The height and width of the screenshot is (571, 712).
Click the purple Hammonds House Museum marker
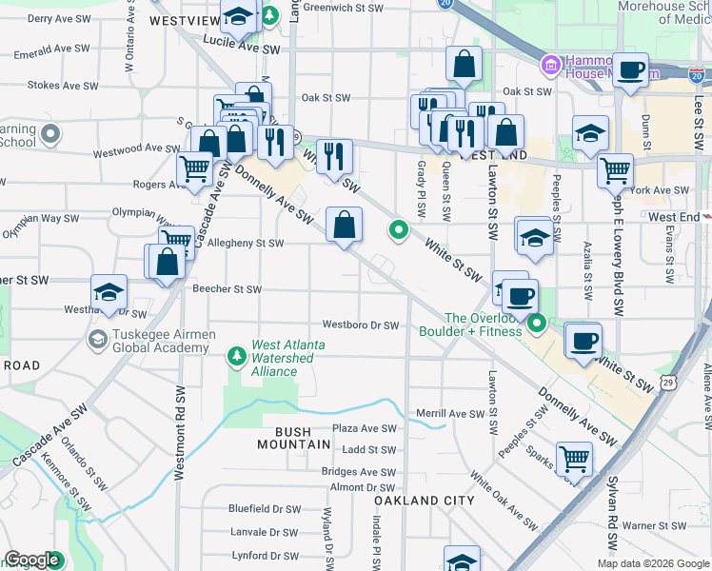550,66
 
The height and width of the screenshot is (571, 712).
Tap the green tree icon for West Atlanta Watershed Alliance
237,356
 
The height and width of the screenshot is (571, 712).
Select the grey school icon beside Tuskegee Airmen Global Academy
97,339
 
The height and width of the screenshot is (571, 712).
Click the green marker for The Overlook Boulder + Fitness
537,325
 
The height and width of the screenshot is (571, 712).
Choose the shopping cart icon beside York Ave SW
615,170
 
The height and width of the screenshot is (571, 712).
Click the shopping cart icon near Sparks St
574,458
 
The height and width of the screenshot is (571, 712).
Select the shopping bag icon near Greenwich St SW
464,65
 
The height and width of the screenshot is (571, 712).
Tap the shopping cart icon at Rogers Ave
195,169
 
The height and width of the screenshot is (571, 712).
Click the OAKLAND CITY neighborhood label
424,501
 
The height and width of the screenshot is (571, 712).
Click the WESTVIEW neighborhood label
186,20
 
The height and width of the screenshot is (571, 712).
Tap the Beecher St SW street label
227,289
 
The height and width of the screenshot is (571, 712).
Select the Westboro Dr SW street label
360,325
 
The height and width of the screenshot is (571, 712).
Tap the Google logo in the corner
32,560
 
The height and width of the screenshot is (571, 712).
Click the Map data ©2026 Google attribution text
652,563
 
